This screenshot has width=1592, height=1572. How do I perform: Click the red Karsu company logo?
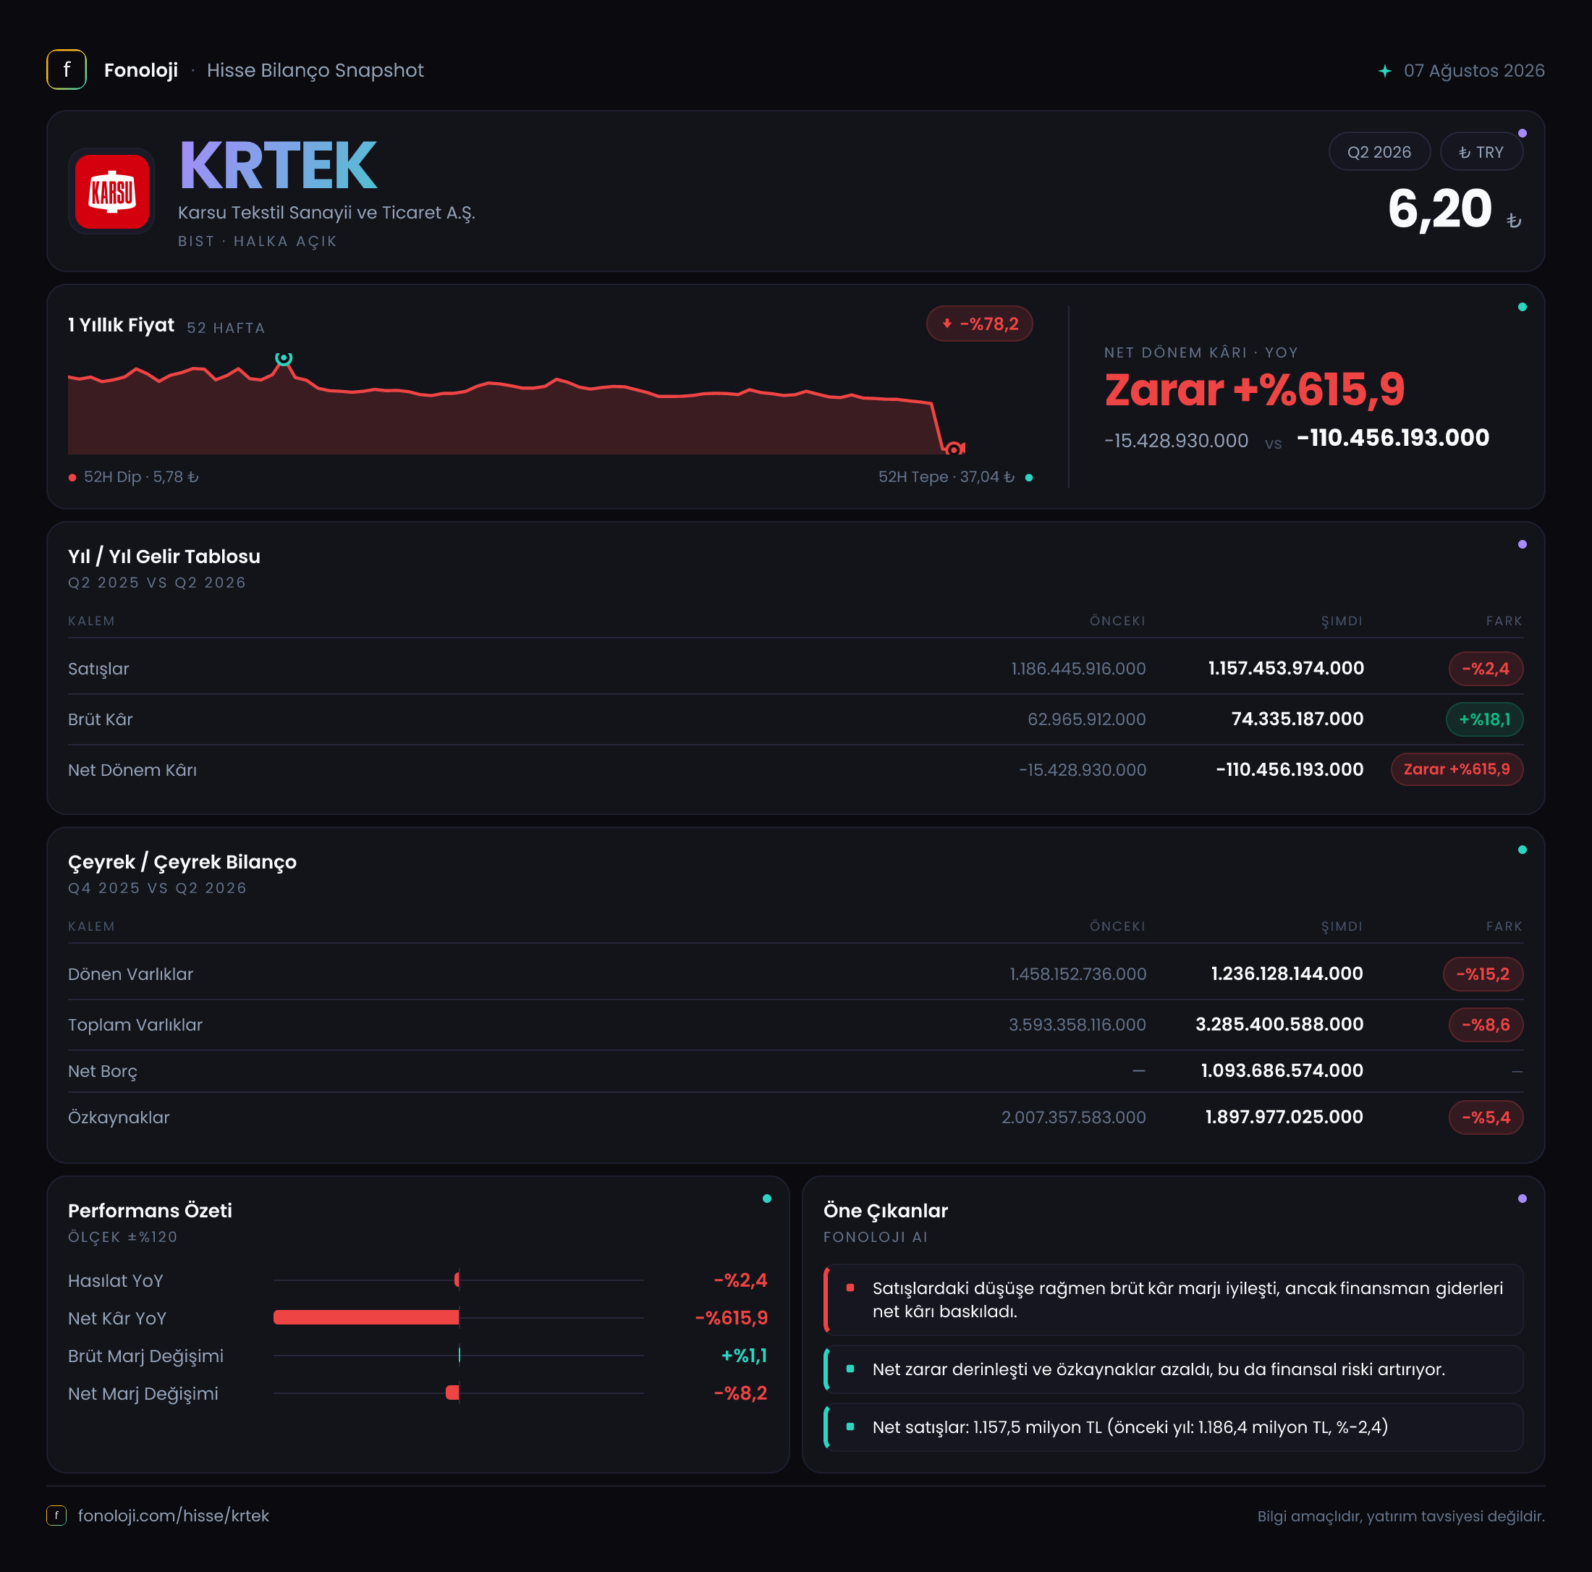(x=112, y=191)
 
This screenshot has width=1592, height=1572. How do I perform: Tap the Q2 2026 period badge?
(x=1379, y=152)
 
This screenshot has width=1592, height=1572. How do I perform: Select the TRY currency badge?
(x=1481, y=152)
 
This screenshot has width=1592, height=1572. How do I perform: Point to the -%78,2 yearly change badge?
(x=979, y=324)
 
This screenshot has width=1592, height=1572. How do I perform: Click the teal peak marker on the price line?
(x=284, y=358)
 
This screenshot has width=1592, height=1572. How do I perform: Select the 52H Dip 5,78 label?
(x=141, y=476)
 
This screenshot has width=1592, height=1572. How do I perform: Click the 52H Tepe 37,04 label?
(x=946, y=476)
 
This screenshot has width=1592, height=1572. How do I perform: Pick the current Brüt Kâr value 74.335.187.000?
(x=1297, y=719)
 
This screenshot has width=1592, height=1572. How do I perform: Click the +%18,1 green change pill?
(x=1484, y=719)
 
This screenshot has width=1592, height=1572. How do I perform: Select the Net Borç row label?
(x=102, y=1071)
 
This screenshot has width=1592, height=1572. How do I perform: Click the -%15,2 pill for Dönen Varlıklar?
(x=1483, y=973)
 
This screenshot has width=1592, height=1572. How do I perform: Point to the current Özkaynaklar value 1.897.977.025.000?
(x=1284, y=1117)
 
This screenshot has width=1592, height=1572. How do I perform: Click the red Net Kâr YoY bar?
(x=366, y=1317)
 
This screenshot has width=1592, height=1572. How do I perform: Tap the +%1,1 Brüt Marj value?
(x=744, y=1355)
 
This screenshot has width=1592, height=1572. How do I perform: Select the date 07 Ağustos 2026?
(x=1473, y=70)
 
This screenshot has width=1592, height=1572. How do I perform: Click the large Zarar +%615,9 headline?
(x=1254, y=389)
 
